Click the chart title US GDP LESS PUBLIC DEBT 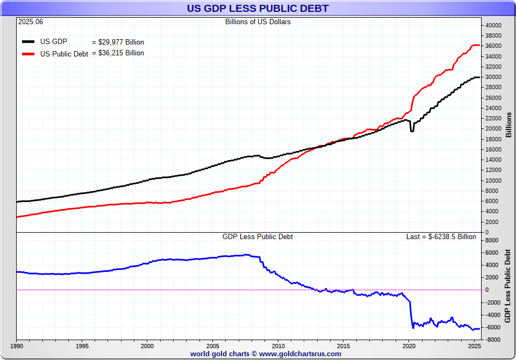pyautogui.click(x=257, y=9)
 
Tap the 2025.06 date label pyautogui.click(x=30, y=22)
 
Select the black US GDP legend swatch pyautogui.click(x=28, y=41)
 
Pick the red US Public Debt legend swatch pyautogui.click(x=28, y=53)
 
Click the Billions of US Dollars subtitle pyautogui.click(x=257, y=22)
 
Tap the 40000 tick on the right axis pyautogui.click(x=493, y=25)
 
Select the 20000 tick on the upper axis pyautogui.click(x=493, y=129)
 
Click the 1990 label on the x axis pyautogui.click(x=17, y=344)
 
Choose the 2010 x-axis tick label pyautogui.click(x=278, y=344)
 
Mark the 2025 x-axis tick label pyautogui.click(x=474, y=344)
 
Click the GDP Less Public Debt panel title pyautogui.click(x=257, y=236)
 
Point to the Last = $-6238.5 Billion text pyautogui.click(x=441, y=236)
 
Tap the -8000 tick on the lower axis pyautogui.click(x=493, y=340)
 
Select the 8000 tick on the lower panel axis pyautogui.click(x=493, y=241)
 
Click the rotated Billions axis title pyautogui.click(x=508, y=125)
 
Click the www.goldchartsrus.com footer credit pyautogui.click(x=266, y=354)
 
